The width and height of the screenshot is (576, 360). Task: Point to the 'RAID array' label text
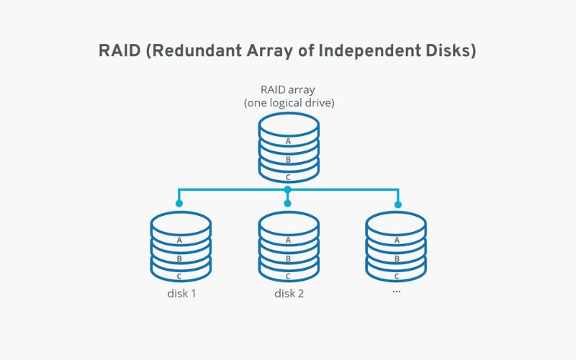click(288, 90)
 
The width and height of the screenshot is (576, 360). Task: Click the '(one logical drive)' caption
click(288, 103)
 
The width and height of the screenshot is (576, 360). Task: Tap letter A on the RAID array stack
click(288, 141)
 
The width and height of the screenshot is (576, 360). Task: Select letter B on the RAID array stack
click(288, 159)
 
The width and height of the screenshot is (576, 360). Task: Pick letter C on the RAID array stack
click(288, 177)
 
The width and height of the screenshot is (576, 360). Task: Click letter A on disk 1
click(180, 240)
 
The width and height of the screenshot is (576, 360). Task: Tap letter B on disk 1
click(180, 258)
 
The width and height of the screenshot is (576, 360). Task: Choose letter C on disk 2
click(288, 276)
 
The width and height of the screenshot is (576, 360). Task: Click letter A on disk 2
click(288, 240)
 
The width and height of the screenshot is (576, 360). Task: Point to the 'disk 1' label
click(180, 294)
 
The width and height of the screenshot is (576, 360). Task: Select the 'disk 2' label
click(288, 294)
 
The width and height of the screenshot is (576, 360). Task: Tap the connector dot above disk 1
click(179, 204)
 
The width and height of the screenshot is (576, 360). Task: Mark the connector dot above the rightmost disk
click(397, 204)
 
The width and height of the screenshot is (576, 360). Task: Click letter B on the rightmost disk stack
click(396, 258)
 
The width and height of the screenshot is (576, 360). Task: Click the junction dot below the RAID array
click(288, 190)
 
